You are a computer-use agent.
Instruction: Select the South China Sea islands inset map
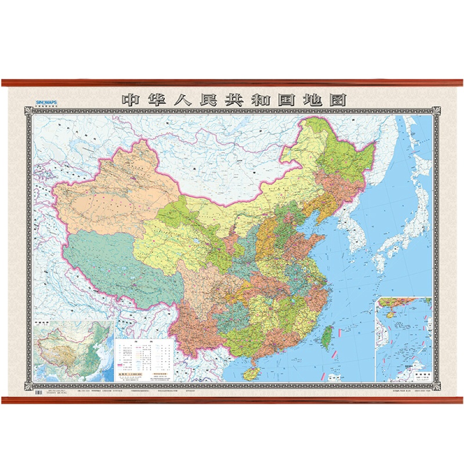pyautogui.click(x=403, y=339)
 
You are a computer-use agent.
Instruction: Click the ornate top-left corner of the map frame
pyautogui.click(x=27, y=110)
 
